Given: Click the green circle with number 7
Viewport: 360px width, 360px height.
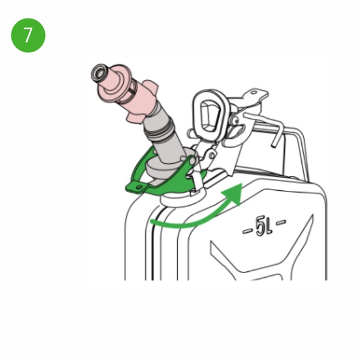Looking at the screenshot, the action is coord(28,35).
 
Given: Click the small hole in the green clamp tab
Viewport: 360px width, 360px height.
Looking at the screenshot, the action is coord(139,187).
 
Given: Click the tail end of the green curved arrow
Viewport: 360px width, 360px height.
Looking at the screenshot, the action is coord(152,221).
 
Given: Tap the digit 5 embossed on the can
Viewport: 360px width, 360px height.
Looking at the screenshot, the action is coord(260,226).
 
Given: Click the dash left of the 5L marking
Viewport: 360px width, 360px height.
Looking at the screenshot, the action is coord(248,230).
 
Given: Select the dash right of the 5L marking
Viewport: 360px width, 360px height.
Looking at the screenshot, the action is coord(281,222).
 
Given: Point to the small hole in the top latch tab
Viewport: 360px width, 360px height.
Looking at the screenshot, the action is coord(254,92).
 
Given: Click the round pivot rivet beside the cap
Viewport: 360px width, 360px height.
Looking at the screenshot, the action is coord(235,120).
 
